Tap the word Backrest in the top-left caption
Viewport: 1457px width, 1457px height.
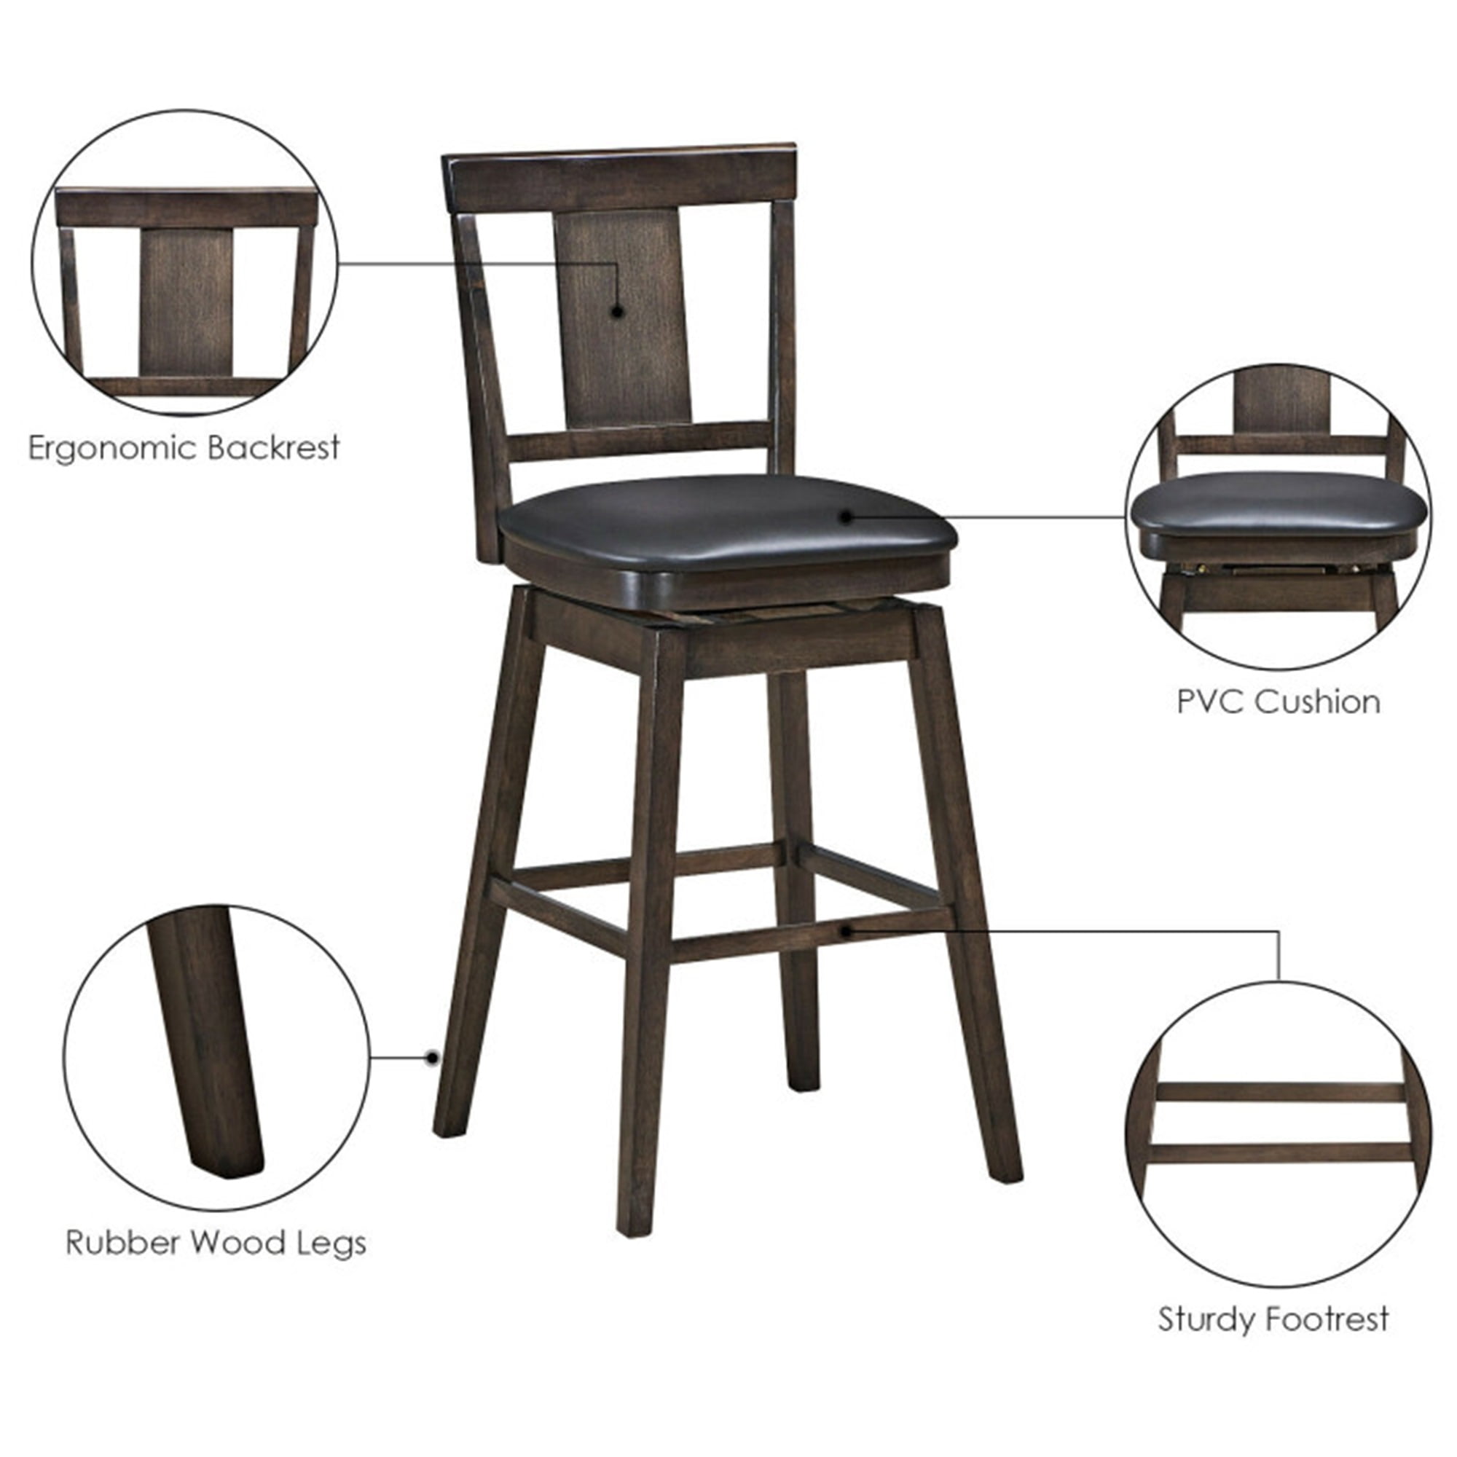pyautogui.click(x=273, y=448)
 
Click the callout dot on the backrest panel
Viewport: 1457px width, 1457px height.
pyautogui.click(x=617, y=311)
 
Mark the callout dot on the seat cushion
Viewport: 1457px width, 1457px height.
pyautogui.click(x=846, y=517)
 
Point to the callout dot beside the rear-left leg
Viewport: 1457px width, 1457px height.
pyautogui.click(x=432, y=1057)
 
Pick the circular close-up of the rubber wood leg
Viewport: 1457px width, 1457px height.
pyautogui.click(x=217, y=1058)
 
